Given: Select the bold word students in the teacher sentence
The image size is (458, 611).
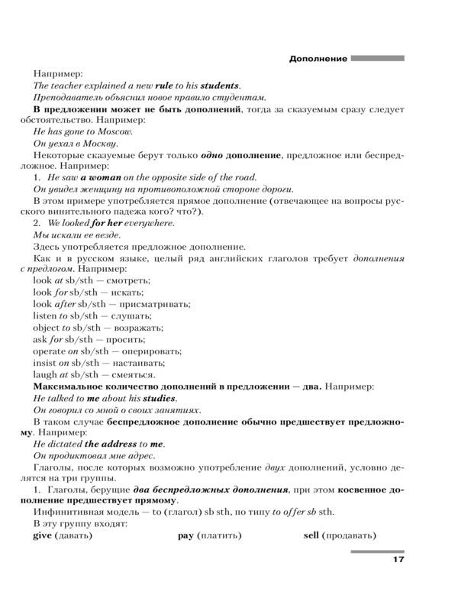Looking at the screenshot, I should coord(220,86).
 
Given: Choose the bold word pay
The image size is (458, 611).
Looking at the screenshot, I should coord(185,536).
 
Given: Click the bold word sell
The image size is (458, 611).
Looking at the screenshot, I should coord(311,536).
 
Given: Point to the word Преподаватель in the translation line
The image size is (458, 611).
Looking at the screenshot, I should coord(69,97).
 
